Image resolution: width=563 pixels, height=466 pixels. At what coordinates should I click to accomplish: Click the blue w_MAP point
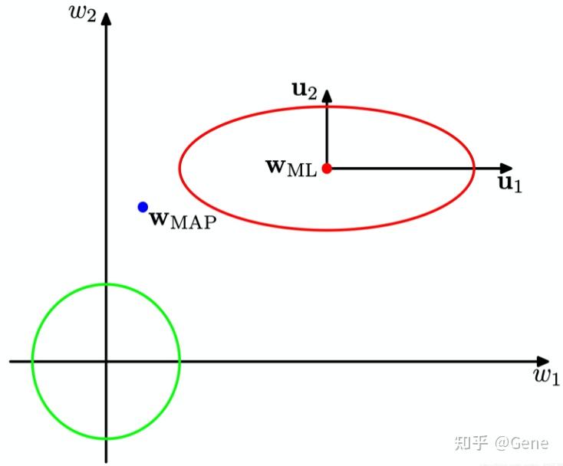tap(143, 207)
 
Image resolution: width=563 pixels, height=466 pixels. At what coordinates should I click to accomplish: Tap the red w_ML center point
tap(327, 168)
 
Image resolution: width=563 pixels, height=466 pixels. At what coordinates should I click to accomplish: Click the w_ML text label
tap(291, 168)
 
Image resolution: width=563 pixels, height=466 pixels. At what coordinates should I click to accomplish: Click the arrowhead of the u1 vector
tap(507, 168)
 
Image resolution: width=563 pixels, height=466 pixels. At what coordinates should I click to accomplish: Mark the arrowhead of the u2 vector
tap(327, 94)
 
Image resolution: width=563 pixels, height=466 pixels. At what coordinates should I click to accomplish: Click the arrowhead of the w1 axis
tap(544, 361)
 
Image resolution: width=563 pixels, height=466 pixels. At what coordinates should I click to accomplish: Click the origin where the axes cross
tap(107, 361)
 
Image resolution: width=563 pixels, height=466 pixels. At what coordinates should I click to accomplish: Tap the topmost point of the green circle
tap(107, 284)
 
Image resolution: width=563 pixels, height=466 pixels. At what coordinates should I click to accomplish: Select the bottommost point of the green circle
tap(107, 438)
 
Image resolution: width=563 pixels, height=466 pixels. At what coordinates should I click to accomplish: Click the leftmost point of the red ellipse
tap(179, 168)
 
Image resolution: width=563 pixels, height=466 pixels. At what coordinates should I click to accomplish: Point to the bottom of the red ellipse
tap(327, 229)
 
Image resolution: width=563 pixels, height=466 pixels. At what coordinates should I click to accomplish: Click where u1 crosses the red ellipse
tap(474, 168)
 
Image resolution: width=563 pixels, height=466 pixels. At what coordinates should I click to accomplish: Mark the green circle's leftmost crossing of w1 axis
tap(32, 361)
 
